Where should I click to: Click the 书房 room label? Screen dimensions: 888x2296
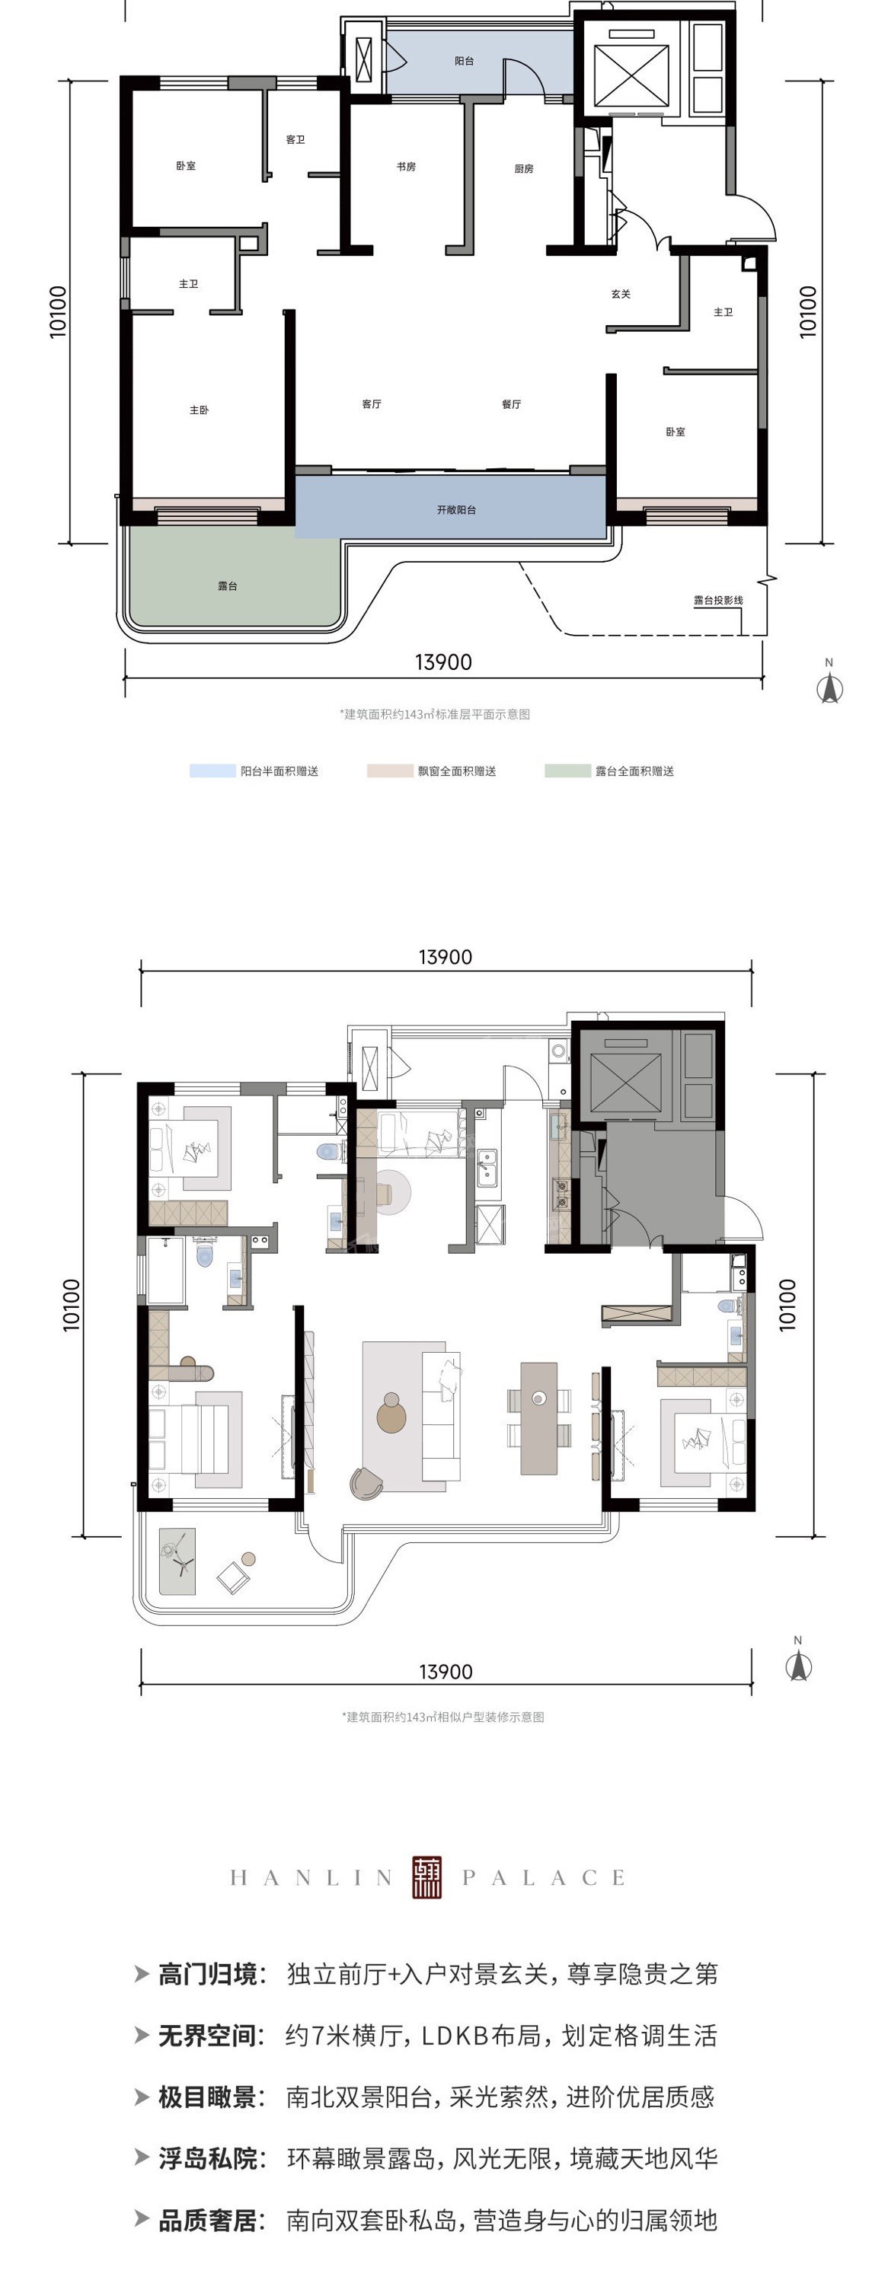[406, 167]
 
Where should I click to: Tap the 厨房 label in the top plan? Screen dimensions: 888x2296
[523, 168]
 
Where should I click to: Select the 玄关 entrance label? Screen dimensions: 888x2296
[621, 294]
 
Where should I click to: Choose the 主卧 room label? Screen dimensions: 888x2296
[199, 410]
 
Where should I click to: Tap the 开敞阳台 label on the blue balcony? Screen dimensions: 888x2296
[456, 510]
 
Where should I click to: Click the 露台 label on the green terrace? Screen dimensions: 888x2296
[228, 585]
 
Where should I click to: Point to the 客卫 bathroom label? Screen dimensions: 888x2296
[295, 140]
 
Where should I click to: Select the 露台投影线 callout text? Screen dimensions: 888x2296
[719, 600]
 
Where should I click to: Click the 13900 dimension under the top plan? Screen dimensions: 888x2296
[443, 662]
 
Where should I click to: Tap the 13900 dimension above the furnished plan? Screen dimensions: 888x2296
[445, 957]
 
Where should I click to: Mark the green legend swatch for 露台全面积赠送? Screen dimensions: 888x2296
[567, 771]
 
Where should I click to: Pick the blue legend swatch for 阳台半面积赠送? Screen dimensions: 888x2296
[212, 771]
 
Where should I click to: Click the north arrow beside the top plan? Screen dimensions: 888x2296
[830, 687]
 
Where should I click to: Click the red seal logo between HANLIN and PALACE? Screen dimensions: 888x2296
[427, 1878]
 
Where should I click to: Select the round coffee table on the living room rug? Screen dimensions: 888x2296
[391, 1414]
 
